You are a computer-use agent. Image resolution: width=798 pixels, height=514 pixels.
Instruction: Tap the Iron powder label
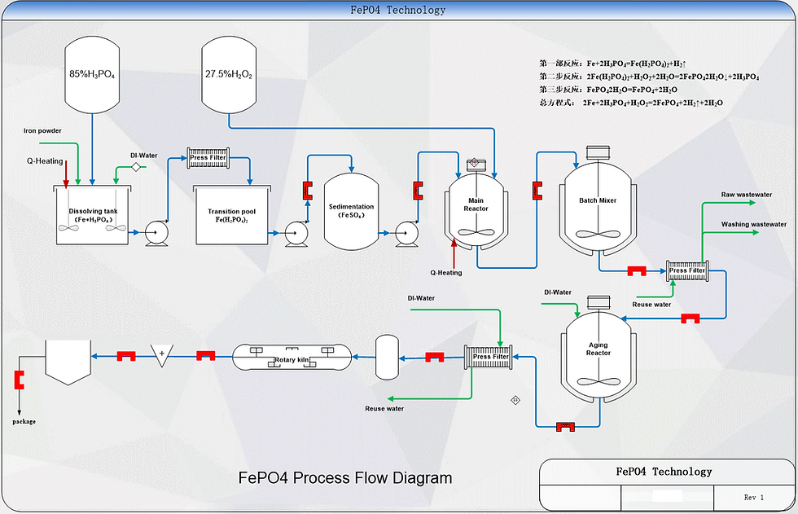click(42, 130)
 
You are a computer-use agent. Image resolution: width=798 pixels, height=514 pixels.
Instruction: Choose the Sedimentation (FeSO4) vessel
click(350, 211)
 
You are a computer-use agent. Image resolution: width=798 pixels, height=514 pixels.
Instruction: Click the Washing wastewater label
click(754, 223)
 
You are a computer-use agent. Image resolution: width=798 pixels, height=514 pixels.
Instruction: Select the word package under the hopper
click(24, 421)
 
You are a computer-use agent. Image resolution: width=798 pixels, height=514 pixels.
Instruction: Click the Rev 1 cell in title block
click(754, 497)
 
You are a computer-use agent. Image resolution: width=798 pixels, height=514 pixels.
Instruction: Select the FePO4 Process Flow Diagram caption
click(345, 477)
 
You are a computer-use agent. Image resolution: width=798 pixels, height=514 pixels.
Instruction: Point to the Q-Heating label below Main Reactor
click(446, 273)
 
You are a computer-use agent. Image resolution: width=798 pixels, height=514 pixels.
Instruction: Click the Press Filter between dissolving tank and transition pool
click(208, 157)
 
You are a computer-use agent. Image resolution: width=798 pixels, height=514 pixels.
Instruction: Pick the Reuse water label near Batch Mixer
click(651, 304)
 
